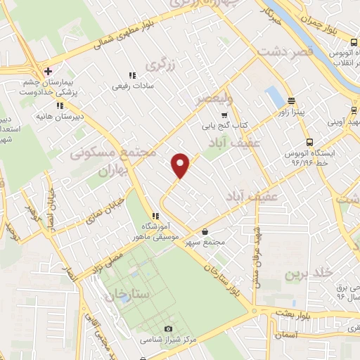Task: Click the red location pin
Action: pyautogui.click(x=181, y=165)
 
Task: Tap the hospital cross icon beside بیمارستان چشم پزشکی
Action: pyautogui.click(x=48, y=72)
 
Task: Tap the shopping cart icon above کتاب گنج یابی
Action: pyautogui.click(x=224, y=115)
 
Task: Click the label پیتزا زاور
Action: pyautogui.click(x=292, y=112)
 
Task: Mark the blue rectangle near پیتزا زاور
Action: pyautogui.click(x=272, y=96)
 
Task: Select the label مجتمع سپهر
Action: pyautogui.click(x=205, y=243)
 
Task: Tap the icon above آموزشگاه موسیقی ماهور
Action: pyautogui.click(x=155, y=216)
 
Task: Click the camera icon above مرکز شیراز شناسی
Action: pyautogui.click(x=168, y=329)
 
